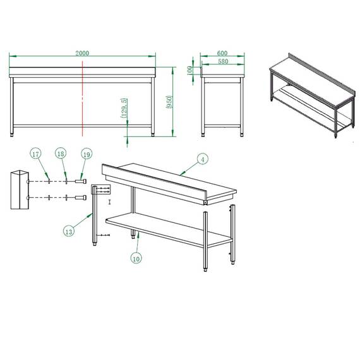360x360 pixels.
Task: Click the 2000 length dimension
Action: pos(82,54)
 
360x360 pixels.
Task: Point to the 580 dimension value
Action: pos(223,61)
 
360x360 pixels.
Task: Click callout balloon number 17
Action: pos(36,153)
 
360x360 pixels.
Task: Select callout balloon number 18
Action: pos(61,153)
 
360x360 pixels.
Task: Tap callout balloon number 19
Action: pos(86,153)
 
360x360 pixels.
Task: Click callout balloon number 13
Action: pos(69,231)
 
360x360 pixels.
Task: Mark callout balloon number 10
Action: pos(136,257)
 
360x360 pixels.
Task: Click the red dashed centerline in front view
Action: pos(83,101)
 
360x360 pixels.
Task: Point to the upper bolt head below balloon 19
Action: pos(80,181)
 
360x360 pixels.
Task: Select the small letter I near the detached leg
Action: pos(110,201)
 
